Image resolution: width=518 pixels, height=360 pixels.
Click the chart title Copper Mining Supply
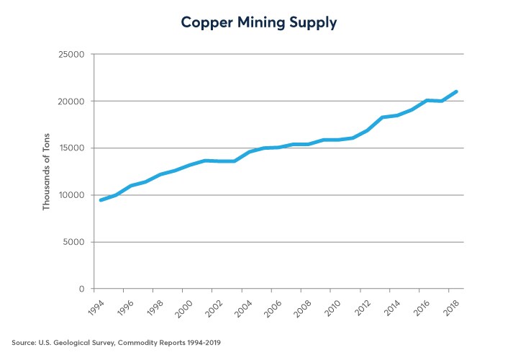[259, 22]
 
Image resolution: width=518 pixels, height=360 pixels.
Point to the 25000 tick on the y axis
[73, 55]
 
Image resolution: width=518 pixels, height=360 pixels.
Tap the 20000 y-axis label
[73, 102]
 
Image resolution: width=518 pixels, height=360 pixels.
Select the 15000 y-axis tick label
[73, 148]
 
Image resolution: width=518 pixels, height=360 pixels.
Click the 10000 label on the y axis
[73, 195]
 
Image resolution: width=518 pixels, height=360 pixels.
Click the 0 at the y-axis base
[83, 289]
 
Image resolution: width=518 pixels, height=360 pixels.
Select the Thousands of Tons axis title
[47, 171]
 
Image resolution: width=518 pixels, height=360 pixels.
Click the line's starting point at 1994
[101, 200]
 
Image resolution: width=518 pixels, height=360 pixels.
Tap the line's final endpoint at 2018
[456, 92]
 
